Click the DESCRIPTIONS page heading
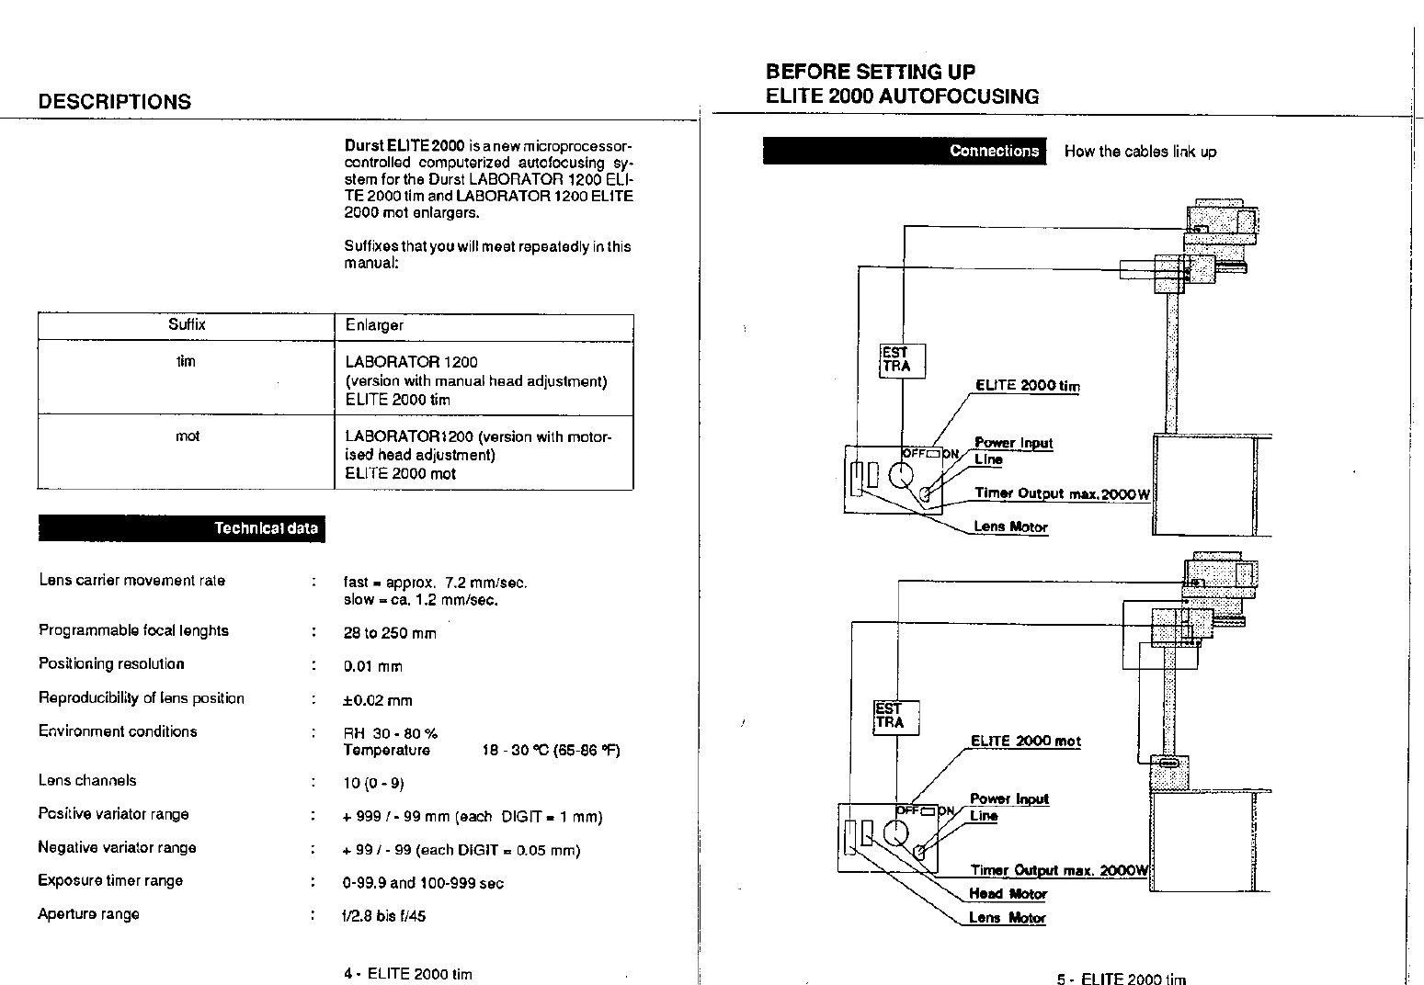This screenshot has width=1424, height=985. pos(115,102)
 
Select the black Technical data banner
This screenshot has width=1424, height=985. pos(181,528)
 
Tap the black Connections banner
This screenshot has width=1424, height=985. pos(905,152)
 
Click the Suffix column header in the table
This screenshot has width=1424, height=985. pos(187,325)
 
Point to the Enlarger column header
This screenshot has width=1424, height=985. pos(374,325)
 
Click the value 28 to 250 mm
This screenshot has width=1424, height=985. pos(389,633)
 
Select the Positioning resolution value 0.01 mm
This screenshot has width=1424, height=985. pos(372,667)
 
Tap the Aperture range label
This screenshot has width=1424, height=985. pos(88,914)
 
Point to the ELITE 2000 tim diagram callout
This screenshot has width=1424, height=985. pos(1027,386)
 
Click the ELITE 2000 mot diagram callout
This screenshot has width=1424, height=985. pos(1025,742)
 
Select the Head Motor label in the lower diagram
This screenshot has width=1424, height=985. pos(1008,894)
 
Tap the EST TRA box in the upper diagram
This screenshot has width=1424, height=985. pos(902,360)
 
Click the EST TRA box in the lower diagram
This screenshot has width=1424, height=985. pos(895,717)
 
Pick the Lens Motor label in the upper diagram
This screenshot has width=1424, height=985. pos(1010,527)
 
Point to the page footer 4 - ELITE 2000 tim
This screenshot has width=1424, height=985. pos(407,974)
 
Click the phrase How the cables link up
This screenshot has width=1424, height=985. pos(1140,153)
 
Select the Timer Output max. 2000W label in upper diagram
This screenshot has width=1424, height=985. pos(1061,494)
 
